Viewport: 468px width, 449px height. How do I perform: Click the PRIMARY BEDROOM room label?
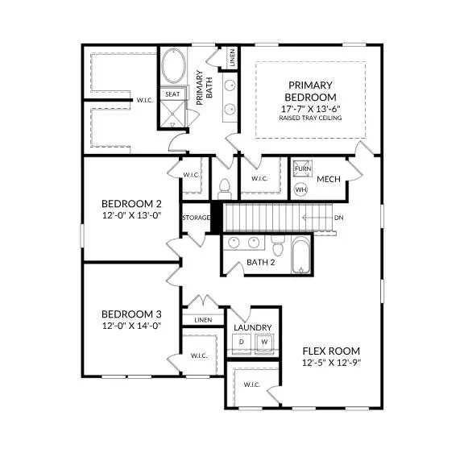pyautogui.click(x=311, y=91)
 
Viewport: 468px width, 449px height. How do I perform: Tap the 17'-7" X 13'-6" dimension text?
pyautogui.click(x=311, y=107)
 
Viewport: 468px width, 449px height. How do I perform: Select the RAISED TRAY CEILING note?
pyautogui.click(x=311, y=118)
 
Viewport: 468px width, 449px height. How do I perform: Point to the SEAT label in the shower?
pyautogui.click(x=172, y=94)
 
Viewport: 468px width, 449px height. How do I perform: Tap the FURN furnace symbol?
pyautogui.click(x=301, y=168)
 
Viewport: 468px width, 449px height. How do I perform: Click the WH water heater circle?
pyautogui.click(x=300, y=190)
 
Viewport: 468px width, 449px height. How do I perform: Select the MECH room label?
pyautogui.click(x=328, y=179)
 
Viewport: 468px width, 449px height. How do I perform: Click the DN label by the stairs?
pyautogui.click(x=340, y=217)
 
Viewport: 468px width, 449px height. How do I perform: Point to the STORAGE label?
pyautogui.click(x=196, y=218)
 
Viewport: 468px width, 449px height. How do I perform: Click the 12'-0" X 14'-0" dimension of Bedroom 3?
pyautogui.click(x=132, y=326)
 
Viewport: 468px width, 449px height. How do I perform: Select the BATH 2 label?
pyautogui.click(x=261, y=262)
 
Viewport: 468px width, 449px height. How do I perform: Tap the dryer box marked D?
pyautogui.click(x=241, y=343)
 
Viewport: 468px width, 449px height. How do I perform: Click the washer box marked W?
pyautogui.click(x=263, y=343)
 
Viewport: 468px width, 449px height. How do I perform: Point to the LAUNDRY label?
pyautogui.click(x=252, y=328)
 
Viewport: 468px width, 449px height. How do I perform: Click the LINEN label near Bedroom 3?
pyautogui.click(x=203, y=320)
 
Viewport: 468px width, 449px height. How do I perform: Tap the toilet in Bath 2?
pyautogui.click(x=276, y=244)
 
